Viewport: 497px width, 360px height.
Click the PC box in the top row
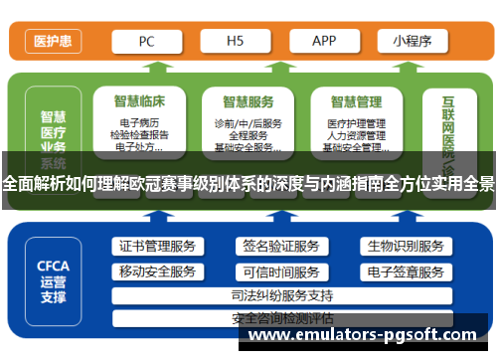(145, 41)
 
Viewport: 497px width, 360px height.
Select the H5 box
(236, 41)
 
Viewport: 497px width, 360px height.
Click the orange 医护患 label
(52, 42)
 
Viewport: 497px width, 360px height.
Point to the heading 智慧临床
(138, 100)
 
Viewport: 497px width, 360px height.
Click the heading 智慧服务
(248, 100)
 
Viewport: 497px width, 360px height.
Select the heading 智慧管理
(356, 100)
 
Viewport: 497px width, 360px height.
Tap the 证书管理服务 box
(157, 247)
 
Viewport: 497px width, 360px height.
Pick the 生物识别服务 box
(405, 247)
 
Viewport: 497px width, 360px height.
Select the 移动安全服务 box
(157, 271)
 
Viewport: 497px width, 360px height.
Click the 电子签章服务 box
(405, 271)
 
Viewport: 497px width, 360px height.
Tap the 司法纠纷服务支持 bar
(281, 295)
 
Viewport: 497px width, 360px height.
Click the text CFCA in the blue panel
(53, 266)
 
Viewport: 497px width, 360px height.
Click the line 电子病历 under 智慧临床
(138, 123)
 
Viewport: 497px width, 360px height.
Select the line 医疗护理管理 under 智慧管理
(356, 123)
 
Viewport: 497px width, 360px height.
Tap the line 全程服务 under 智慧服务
(248, 135)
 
